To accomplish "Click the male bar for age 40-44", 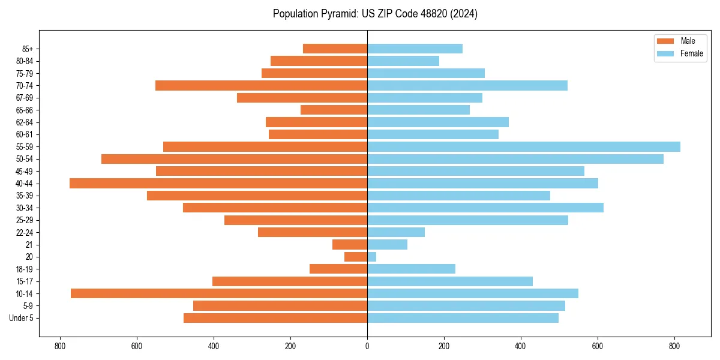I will point(218,183).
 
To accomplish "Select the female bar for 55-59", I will point(524,146).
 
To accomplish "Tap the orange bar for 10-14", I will point(219,293).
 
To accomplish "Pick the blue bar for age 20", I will point(372,257).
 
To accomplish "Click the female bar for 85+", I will point(415,49).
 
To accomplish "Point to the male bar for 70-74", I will point(261,85).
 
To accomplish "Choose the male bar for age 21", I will point(350,244).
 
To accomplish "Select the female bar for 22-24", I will point(396,232).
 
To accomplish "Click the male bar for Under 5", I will point(275,318).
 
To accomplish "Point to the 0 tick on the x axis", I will point(367,346).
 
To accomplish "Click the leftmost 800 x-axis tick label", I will point(59,346).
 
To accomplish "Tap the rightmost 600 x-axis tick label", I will point(598,346).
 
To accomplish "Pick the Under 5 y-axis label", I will point(21,318).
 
